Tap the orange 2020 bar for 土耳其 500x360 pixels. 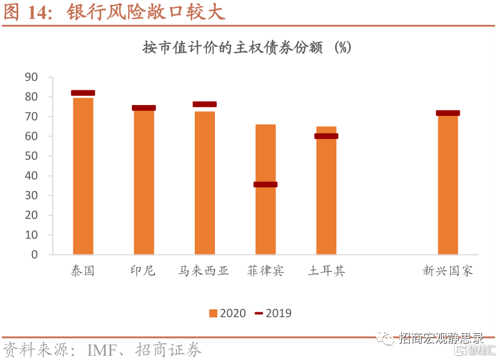click(326, 195)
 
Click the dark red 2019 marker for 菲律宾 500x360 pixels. click(266, 184)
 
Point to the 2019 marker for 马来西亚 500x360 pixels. click(205, 104)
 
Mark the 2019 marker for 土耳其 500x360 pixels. click(326, 136)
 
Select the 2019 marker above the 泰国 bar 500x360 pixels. click(83, 93)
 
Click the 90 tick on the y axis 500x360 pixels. click(31, 77)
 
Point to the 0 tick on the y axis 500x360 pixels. click(35, 254)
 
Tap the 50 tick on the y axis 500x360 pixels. click(31, 156)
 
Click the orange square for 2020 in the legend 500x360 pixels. click(213, 314)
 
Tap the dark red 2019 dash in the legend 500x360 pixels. click(259, 314)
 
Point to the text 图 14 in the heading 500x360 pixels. click(27, 13)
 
